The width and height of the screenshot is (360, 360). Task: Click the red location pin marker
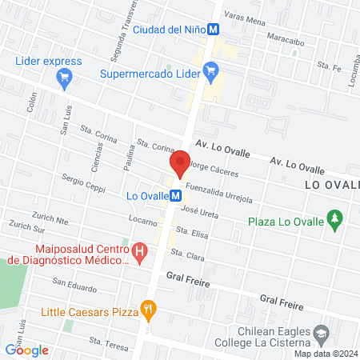coord(180,163)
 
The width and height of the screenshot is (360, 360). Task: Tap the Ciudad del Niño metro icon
coord(214,30)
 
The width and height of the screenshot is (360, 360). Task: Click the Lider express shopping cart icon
coord(66,78)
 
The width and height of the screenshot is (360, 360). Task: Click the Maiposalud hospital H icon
coord(141,254)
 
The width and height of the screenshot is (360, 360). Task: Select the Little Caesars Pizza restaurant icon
coord(147,308)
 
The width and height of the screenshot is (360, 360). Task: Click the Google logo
coord(27,350)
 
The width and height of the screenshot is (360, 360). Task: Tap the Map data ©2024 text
coord(326,353)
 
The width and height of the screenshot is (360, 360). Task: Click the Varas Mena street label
coord(245,19)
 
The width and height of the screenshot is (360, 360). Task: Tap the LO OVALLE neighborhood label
coord(333,185)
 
